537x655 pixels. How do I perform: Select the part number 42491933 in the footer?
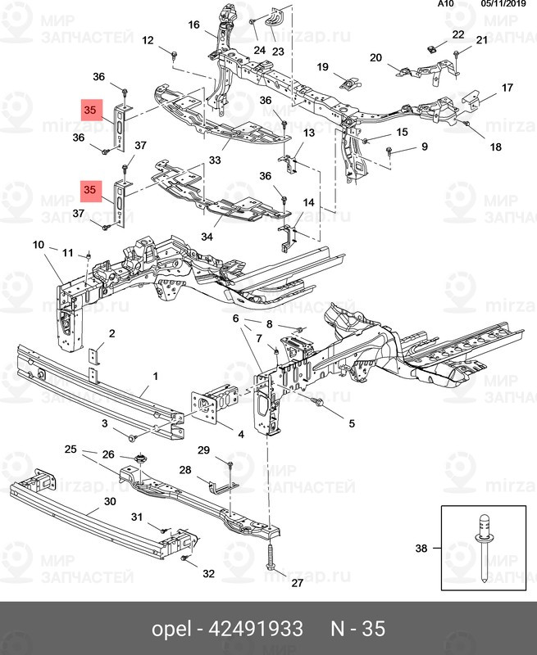[256, 629]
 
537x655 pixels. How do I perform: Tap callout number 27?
[274, 583]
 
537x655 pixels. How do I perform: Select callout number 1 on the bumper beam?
[154, 377]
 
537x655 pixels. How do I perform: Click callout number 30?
[110, 502]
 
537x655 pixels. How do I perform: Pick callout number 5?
[351, 423]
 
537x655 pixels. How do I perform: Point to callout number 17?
[507, 88]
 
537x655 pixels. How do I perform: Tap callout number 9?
[425, 147]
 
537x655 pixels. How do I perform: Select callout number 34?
[207, 237]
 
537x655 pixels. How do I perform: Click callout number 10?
[38, 244]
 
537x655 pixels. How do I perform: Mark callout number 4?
[240, 433]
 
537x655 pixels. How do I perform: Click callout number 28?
[184, 470]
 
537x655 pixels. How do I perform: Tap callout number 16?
[193, 25]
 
